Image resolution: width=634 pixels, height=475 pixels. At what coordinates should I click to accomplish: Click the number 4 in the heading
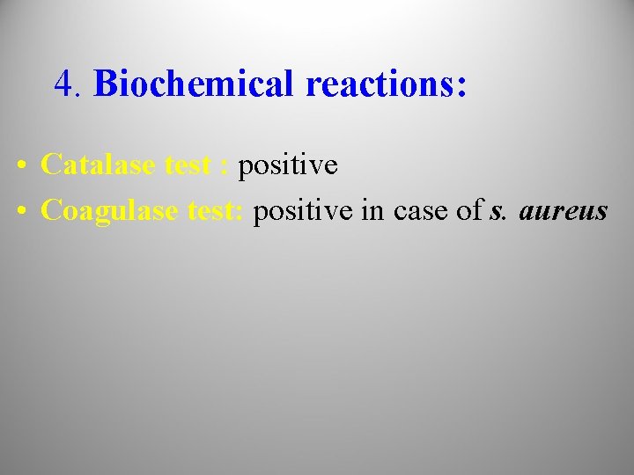[63, 84]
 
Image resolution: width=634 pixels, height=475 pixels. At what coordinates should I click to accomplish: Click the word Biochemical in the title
[195, 84]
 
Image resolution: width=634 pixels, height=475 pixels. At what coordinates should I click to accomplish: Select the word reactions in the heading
[378, 84]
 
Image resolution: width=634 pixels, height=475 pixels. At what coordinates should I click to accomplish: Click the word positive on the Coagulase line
[303, 212]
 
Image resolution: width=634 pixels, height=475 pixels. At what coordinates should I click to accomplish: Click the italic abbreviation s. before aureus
[498, 212]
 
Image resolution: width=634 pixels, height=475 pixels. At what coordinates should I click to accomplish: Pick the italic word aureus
[564, 212]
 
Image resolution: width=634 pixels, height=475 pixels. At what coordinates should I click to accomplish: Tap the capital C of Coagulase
[50, 212]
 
